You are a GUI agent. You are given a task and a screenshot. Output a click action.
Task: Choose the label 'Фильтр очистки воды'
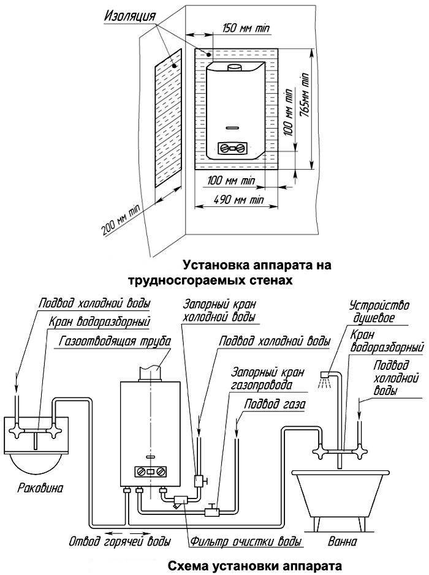tap(246, 542)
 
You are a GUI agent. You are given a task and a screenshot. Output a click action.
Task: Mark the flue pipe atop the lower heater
tap(151, 371)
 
